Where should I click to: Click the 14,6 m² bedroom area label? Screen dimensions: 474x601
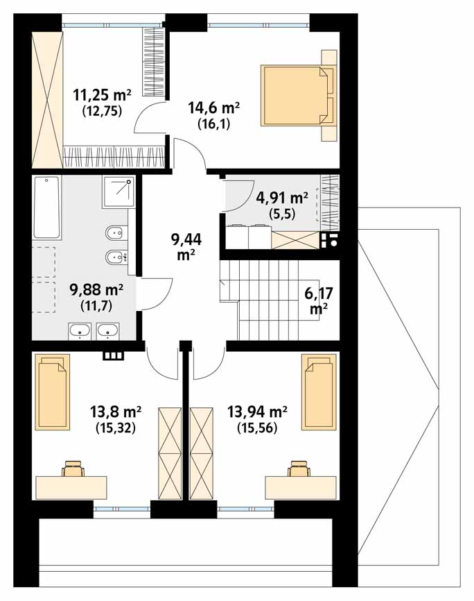[213, 108]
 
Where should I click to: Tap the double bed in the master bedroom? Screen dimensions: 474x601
[299, 95]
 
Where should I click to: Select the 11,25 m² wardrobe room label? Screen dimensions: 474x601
[103, 94]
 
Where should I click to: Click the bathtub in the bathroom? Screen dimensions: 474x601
[47, 208]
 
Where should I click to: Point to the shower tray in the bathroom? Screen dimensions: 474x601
[119, 192]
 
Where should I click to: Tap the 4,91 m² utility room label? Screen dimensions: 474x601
[281, 198]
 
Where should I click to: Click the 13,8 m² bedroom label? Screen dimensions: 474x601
[116, 412]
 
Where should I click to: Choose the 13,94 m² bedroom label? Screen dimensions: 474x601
[257, 412]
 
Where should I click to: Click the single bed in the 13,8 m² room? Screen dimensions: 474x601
[53, 391]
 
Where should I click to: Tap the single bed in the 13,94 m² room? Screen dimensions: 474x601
[319, 391]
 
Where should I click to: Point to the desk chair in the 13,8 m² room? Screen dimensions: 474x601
[73, 468]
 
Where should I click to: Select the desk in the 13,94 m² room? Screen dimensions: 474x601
[301, 488]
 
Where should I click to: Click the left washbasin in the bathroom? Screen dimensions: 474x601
[80, 331]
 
